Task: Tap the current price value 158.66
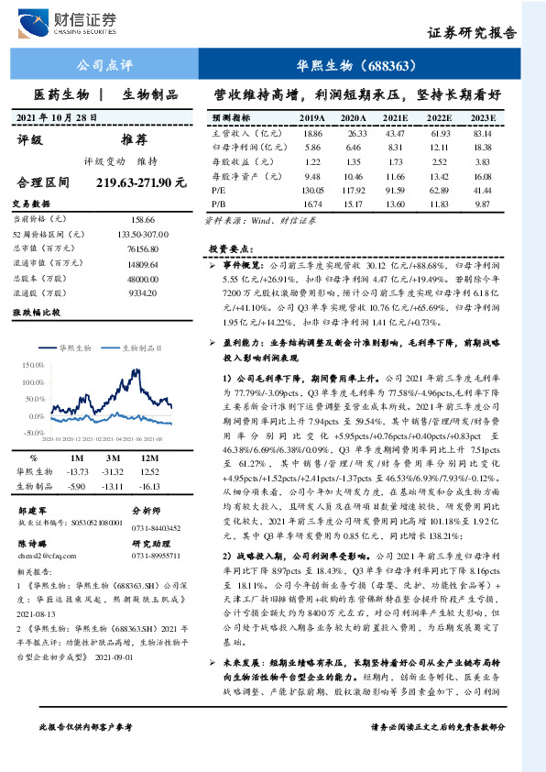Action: click(x=144, y=220)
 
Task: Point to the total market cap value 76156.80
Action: click(x=144, y=249)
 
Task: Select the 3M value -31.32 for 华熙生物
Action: click(x=114, y=471)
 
